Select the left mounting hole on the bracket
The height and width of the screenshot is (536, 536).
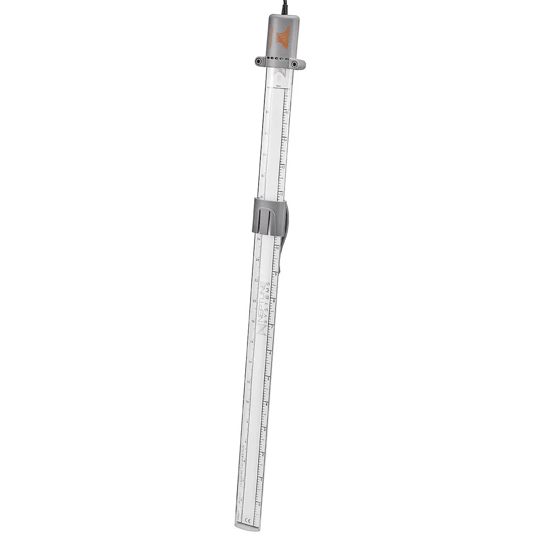coord(259,62)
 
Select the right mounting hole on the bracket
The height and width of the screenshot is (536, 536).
coord(294,65)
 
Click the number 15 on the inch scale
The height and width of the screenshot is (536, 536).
coord(287,113)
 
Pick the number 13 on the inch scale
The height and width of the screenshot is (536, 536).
coord(283,167)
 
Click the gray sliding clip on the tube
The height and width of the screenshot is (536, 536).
coord(269,216)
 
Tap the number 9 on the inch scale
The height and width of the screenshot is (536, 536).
coord(276,274)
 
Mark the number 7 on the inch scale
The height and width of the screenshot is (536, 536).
coord(272,327)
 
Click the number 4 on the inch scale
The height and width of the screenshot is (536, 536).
coord(266,404)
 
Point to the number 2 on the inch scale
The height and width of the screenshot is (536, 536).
coord(262,455)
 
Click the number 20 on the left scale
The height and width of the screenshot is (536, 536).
coord(254,301)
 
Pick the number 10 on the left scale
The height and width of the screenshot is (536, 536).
coord(247,402)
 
